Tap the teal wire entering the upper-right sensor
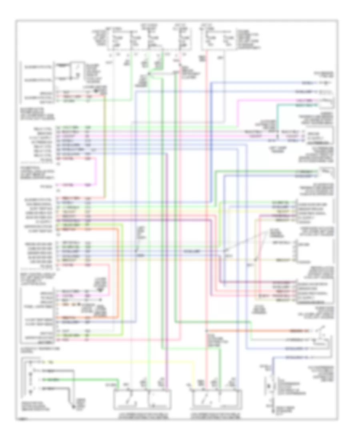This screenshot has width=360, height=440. (304, 105)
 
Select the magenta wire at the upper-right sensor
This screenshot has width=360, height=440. (304, 100)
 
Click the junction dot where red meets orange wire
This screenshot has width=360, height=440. (206, 331)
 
